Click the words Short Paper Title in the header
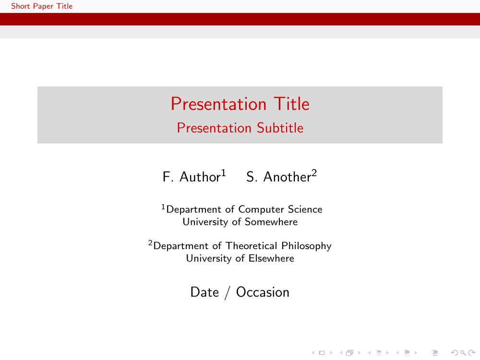coord(42,6)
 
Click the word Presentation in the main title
coord(218,104)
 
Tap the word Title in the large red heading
coord(292,104)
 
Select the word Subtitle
coord(280,128)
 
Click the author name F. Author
coord(192,177)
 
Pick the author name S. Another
coord(279,177)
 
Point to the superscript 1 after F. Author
coord(224,173)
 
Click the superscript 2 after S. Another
coord(314,173)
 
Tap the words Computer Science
coord(280,209)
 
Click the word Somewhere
coord(271,222)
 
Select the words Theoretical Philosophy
coord(278,246)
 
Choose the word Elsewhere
coord(271,258)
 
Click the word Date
coord(204,292)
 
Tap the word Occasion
coord(263,292)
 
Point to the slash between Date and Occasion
coord(227,293)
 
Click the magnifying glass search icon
coord(463,353)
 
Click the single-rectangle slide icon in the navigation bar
coord(322,353)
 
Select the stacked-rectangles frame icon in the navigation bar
coord(349,353)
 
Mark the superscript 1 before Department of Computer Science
coord(163,207)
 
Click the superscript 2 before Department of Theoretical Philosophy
coord(150,243)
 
